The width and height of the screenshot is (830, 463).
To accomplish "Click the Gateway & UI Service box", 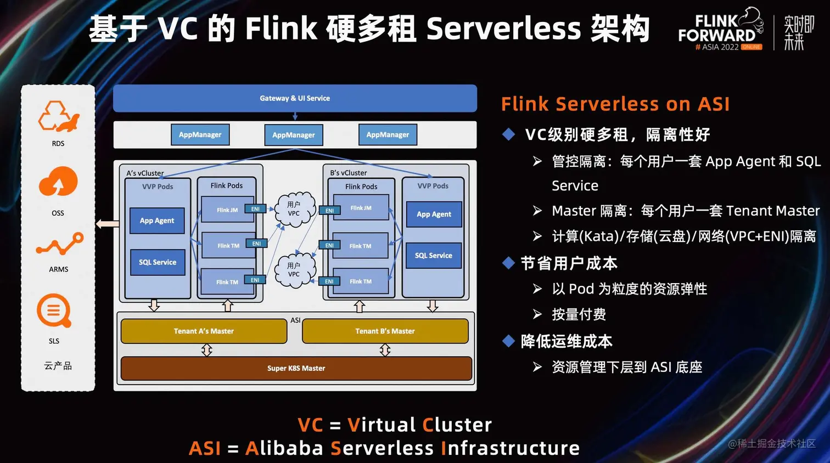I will [x=295, y=98].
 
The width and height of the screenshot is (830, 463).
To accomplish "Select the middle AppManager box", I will [x=294, y=135].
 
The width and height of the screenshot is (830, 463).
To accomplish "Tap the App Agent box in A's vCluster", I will [x=157, y=221].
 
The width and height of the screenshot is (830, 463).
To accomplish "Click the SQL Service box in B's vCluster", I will [x=434, y=256].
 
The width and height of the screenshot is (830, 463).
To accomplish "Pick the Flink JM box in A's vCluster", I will [x=227, y=210].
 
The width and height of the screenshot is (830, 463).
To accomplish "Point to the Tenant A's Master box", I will [x=204, y=331].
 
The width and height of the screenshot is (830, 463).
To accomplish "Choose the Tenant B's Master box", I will [x=385, y=331].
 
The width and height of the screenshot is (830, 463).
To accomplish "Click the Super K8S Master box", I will [x=296, y=368].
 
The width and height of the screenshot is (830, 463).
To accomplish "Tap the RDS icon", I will [x=58, y=116].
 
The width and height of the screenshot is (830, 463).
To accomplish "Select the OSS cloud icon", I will [x=58, y=182].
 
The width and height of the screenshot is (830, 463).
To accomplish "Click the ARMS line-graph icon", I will [x=59, y=245].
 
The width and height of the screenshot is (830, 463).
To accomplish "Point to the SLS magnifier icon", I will [x=54, y=311].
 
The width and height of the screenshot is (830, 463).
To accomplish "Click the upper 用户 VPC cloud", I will [x=294, y=209].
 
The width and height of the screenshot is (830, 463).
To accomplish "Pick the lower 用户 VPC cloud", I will [x=294, y=270].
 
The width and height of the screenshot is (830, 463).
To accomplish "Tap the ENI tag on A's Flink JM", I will [x=255, y=209].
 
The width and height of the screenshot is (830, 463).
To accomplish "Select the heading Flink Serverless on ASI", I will [x=615, y=104].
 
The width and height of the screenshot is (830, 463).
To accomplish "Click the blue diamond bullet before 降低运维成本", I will [x=508, y=341].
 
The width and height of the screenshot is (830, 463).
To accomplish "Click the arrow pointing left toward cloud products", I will [x=107, y=224].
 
